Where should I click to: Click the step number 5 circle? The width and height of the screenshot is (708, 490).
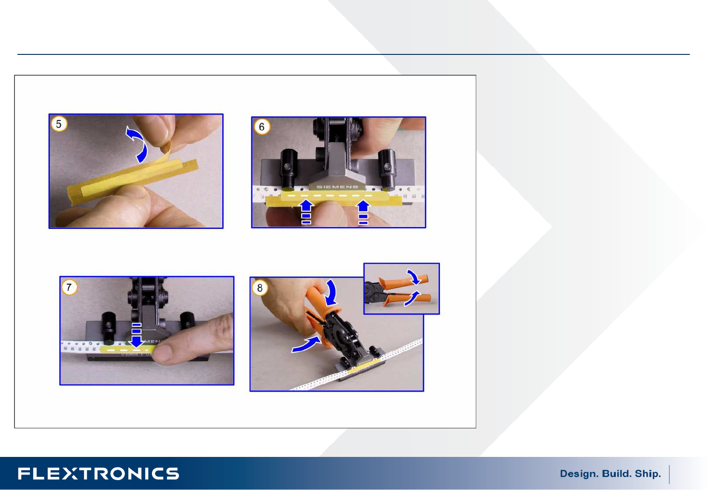(59, 124)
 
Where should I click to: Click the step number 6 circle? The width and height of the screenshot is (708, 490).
(262, 126)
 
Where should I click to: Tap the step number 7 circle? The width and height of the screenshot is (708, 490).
(69, 287)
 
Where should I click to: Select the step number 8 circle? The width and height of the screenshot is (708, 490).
(260, 288)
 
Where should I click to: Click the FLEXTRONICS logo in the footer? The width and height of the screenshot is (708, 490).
(98, 474)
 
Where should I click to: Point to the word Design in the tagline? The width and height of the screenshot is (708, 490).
(579, 474)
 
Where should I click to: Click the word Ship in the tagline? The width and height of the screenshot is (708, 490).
(648, 474)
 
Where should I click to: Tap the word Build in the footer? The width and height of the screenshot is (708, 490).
(616, 473)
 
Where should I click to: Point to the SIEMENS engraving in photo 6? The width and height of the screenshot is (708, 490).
(337, 187)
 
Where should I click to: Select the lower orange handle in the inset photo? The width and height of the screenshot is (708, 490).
(408, 298)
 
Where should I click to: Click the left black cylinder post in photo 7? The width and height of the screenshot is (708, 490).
(108, 328)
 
